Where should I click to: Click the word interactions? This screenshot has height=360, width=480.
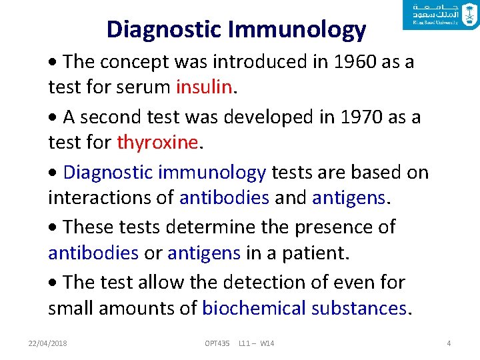pyautogui.click(x=111, y=197)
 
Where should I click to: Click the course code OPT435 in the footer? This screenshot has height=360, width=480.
pyautogui.click(x=217, y=343)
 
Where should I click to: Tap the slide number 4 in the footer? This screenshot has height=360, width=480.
pyautogui.click(x=449, y=343)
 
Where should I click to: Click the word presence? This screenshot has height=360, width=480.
pyautogui.click(x=327, y=227)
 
